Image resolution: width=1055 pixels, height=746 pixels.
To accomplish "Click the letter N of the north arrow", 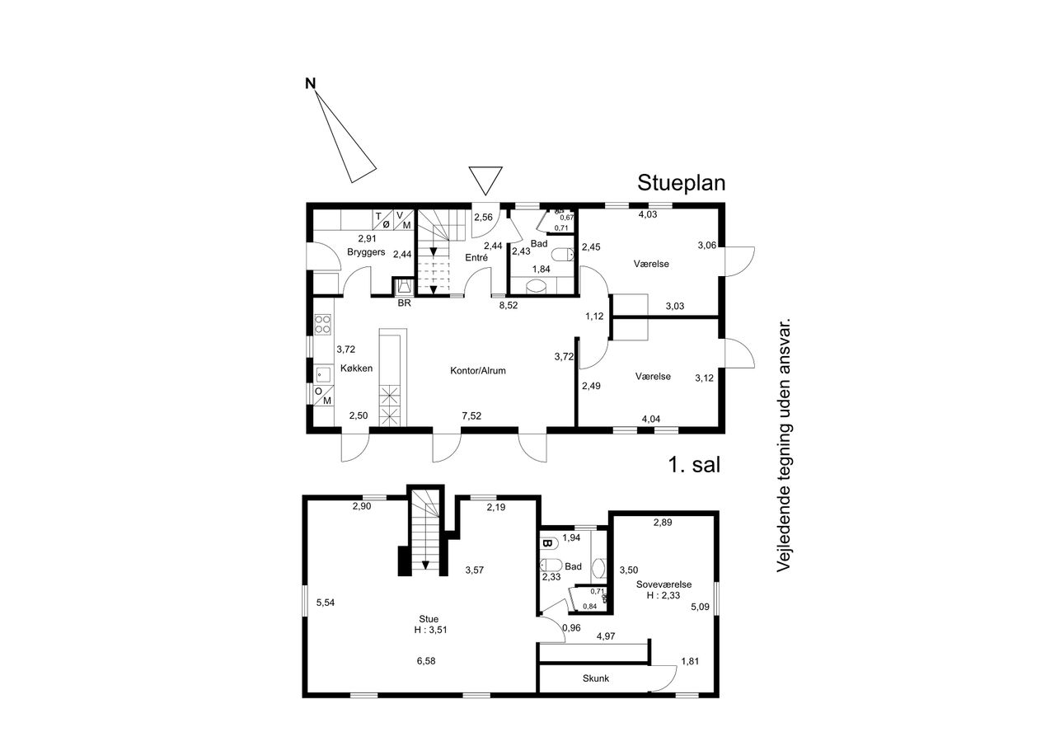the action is pyautogui.click(x=311, y=84).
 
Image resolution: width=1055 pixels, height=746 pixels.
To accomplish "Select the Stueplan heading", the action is pyautogui.click(x=681, y=183).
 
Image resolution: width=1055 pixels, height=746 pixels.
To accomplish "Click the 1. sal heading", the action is pyautogui.click(x=694, y=465).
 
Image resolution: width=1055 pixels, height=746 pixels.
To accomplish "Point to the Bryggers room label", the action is pyautogui.click(x=366, y=252).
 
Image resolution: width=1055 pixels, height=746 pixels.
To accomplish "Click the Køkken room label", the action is pyautogui.click(x=357, y=368).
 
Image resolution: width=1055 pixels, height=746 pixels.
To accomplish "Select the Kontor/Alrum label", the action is pyautogui.click(x=478, y=371).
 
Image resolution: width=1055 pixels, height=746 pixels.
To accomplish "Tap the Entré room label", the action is pyautogui.click(x=476, y=258).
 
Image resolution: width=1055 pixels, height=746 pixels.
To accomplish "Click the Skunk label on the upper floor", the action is pyautogui.click(x=596, y=678).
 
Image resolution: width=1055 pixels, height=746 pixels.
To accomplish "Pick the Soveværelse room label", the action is pyautogui.click(x=664, y=584).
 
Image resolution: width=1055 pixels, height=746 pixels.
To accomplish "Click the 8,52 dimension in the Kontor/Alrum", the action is pyautogui.click(x=509, y=305).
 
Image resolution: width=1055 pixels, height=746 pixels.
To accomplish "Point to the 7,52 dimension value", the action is pyautogui.click(x=471, y=415).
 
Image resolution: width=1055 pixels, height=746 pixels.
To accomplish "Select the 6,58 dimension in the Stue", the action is pyautogui.click(x=426, y=661).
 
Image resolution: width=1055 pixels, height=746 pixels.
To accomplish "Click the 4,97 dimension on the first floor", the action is pyautogui.click(x=606, y=636).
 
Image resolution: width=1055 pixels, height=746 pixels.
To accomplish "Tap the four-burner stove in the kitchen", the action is pyautogui.click(x=322, y=324).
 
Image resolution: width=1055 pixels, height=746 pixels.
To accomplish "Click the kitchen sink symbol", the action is pyautogui.click(x=322, y=375).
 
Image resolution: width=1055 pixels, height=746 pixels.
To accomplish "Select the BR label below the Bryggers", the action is pyautogui.click(x=404, y=303).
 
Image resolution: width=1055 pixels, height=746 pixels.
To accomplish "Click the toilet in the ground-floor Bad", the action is pyautogui.click(x=562, y=256).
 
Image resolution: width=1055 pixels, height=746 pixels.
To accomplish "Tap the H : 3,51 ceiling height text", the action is pyautogui.click(x=430, y=630).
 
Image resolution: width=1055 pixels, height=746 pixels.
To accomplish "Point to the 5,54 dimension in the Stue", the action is pyautogui.click(x=326, y=603).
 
